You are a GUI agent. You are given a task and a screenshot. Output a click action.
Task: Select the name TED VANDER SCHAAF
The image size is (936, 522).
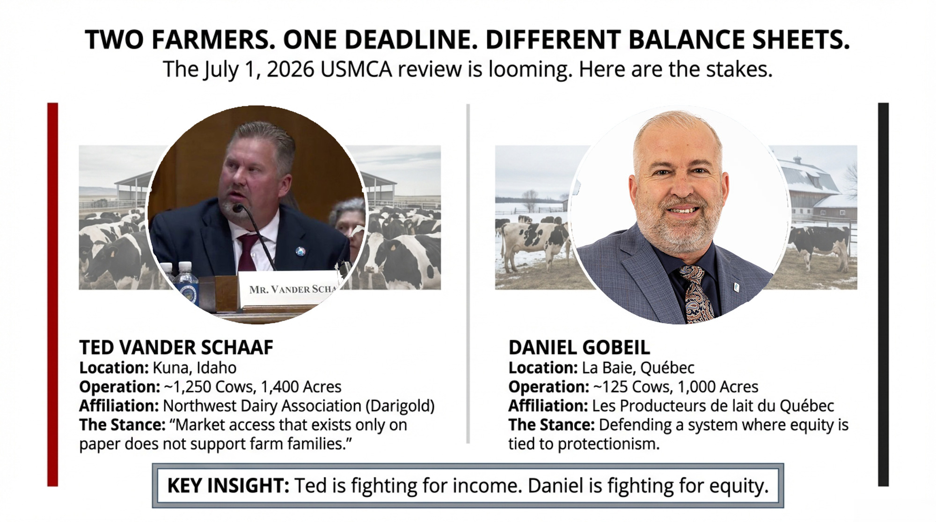[176, 348]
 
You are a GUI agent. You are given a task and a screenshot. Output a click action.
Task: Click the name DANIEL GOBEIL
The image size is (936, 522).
[579, 348]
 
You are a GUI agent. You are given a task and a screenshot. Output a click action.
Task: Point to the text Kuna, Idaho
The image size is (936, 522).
[195, 368]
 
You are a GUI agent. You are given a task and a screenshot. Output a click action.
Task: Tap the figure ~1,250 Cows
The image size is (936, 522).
[208, 387]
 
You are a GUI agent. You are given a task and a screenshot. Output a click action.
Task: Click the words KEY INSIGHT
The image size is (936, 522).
[228, 486]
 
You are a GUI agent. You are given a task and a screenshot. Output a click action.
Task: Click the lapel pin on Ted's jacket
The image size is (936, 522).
[300, 251]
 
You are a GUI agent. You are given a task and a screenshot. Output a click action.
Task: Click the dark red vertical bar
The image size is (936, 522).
[53, 295]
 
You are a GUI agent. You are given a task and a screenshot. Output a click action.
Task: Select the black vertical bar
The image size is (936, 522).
[883, 295]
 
